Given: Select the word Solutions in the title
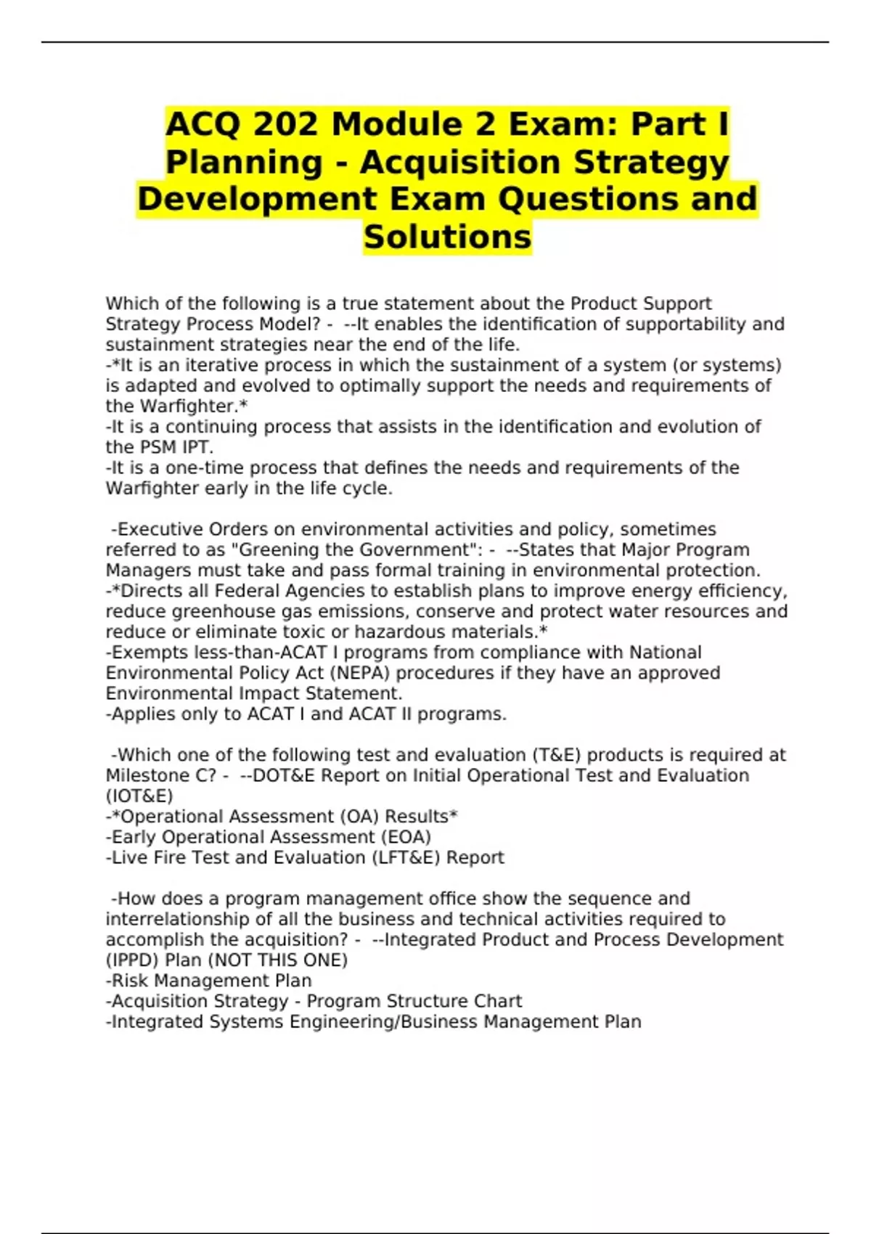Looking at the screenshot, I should tap(448, 237).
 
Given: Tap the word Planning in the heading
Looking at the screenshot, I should tap(244, 162).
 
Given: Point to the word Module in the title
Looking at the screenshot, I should tap(412, 124).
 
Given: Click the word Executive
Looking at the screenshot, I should tap(160, 529).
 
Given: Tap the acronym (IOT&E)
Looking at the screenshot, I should tap(139, 796).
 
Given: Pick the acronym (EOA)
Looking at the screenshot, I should tap(403, 837).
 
